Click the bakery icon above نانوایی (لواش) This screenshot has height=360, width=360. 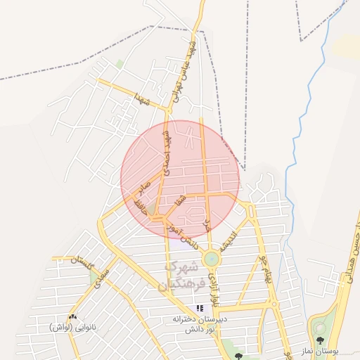pyautogui.click(x=73, y=317)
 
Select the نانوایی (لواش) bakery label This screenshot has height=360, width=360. pyautogui.click(x=73, y=328)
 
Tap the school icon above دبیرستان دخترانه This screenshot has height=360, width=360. pyautogui.click(x=200, y=309)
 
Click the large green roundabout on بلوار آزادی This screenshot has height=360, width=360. pyautogui.click(x=211, y=259)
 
